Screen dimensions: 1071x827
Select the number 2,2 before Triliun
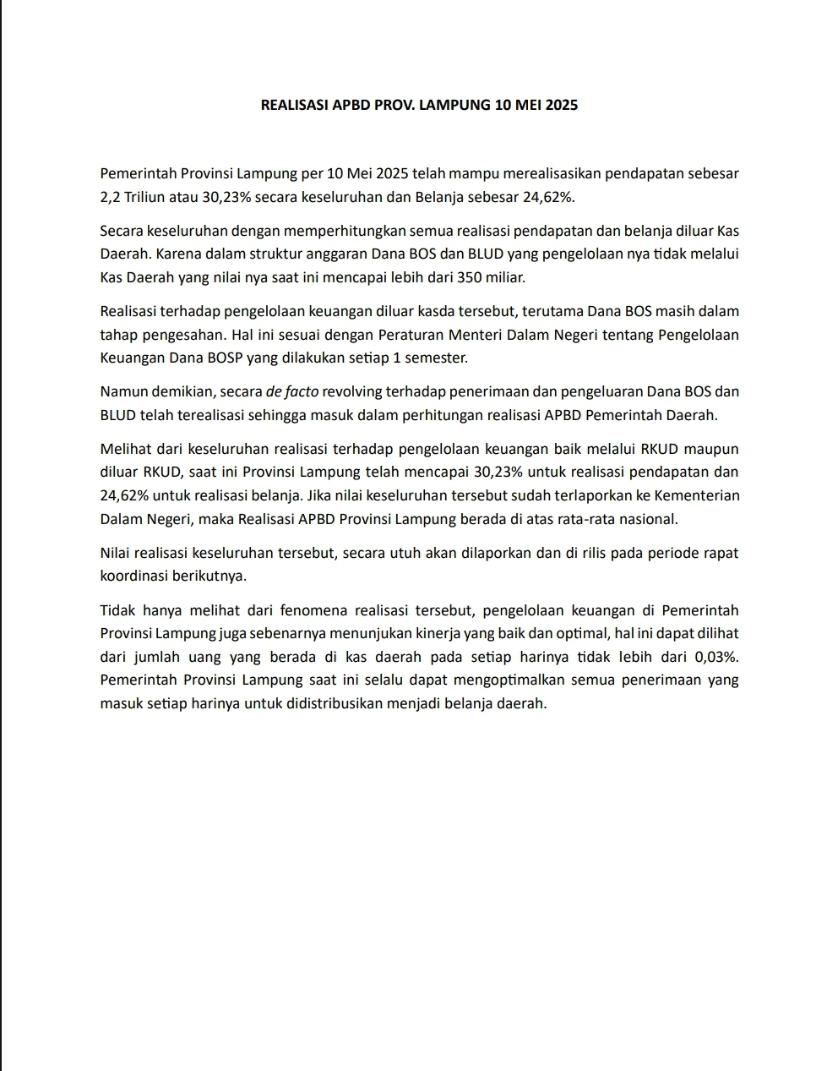(110, 198)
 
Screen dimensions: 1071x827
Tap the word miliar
(506, 277)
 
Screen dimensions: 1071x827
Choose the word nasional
(646, 518)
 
